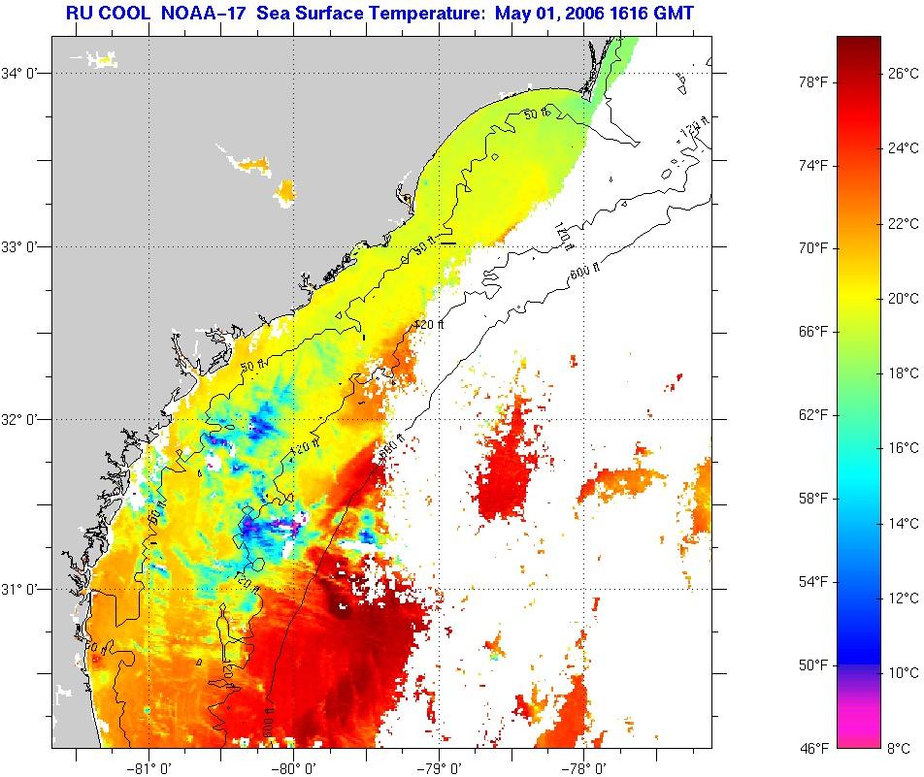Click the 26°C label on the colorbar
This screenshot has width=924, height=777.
pyautogui.click(x=904, y=73)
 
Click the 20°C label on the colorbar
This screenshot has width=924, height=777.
pyautogui.click(x=904, y=298)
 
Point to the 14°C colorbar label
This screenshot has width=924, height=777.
pyautogui.click(x=904, y=523)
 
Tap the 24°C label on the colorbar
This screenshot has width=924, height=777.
pyautogui.click(x=904, y=147)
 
